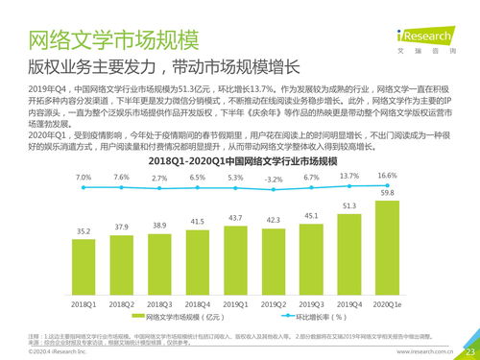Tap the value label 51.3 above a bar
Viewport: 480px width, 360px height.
[x=349, y=205]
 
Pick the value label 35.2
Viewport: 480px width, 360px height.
[x=84, y=231]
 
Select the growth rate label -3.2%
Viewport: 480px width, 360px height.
[x=274, y=180]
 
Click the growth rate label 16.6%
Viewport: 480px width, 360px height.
[x=388, y=177]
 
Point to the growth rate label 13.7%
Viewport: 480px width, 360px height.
[x=349, y=177]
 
